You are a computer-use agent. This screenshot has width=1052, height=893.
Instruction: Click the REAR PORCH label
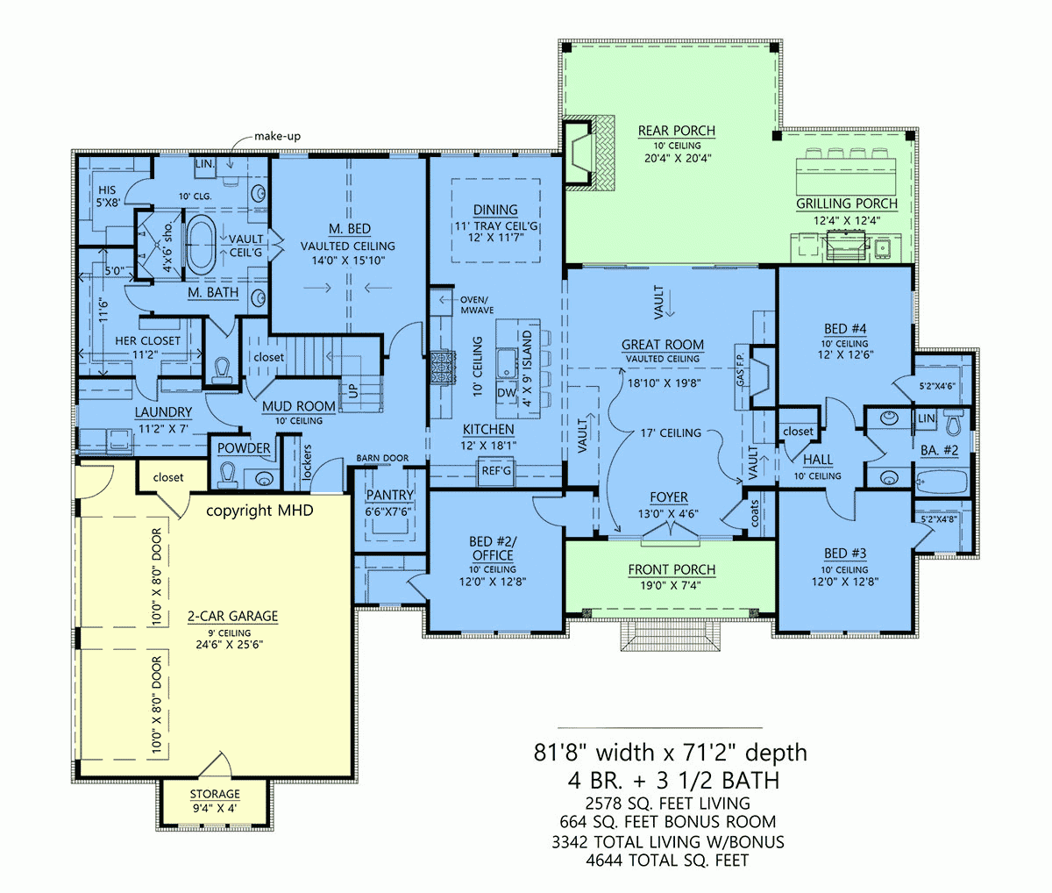(x=676, y=132)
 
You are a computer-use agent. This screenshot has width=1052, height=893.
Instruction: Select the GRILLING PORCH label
(x=846, y=204)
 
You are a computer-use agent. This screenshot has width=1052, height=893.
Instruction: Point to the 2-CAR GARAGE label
(x=232, y=617)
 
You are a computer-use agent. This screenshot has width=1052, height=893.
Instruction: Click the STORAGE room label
(x=215, y=795)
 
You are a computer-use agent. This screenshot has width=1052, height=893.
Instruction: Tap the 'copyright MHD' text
(x=259, y=511)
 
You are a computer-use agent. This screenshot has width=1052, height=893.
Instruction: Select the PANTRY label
(x=389, y=496)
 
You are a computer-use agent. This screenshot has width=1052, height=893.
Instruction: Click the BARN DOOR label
(x=382, y=459)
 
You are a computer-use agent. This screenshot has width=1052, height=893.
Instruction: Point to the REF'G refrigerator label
(x=496, y=471)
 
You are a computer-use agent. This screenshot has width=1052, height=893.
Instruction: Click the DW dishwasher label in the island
(x=507, y=393)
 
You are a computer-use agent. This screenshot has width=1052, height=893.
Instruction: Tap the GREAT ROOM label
(x=663, y=345)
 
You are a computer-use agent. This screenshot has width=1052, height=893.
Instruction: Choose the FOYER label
(x=668, y=497)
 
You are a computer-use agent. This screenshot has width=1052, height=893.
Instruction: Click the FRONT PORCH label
(x=672, y=570)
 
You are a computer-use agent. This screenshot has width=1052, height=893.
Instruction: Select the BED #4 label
(x=845, y=329)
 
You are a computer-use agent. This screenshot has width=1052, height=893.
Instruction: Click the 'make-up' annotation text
(x=277, y=136)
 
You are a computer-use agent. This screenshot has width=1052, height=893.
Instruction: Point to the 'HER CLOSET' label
(x=147, y=340)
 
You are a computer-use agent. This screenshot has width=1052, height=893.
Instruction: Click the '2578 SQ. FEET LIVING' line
(x=668, y=803)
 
